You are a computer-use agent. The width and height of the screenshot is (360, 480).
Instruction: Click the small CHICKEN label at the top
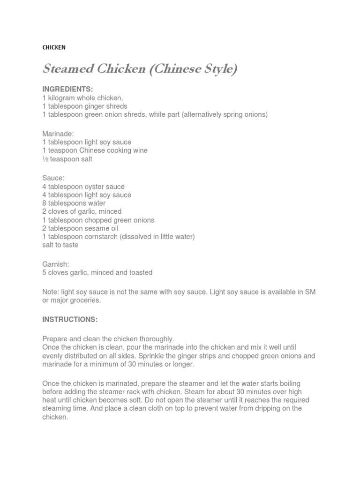(54, 47)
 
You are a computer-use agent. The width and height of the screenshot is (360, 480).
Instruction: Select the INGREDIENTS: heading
(68, 89)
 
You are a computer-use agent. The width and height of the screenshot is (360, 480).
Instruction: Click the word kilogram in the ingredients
(63, 97)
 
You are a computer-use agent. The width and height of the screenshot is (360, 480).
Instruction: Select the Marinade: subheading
(58, 134)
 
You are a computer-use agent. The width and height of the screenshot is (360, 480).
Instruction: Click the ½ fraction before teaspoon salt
(45, 159)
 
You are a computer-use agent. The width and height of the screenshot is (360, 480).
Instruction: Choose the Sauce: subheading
(53, 178)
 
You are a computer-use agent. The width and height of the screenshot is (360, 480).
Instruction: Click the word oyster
(95, 187)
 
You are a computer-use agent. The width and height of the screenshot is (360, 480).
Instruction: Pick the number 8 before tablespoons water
(45, 203)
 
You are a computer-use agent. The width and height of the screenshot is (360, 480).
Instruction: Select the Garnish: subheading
(56, 264)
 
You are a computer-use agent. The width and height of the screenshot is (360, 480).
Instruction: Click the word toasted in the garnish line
(140, 272)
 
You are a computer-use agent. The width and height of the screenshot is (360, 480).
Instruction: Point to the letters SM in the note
(310, 292)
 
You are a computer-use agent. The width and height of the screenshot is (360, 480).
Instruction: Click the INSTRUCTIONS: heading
(70, 319)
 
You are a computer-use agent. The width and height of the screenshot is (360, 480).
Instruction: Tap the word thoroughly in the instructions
(155, 338)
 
